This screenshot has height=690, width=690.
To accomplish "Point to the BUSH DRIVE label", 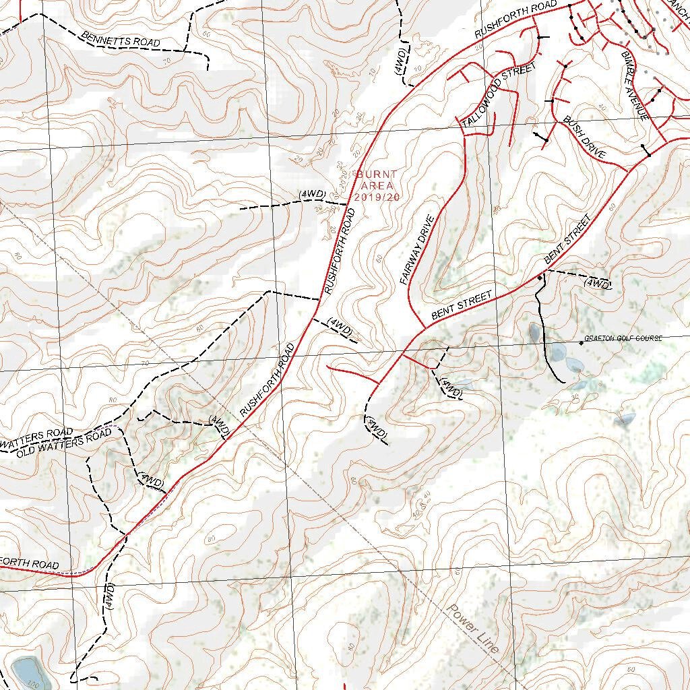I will coord(584,137).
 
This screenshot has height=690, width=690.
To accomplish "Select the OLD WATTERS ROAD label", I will coord(64,442).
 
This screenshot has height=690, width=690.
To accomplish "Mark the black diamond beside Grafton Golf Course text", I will coord(581,344).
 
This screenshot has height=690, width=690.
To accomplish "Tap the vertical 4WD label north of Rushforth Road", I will coord(400,61).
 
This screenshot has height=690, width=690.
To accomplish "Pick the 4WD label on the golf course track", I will coord(598,284).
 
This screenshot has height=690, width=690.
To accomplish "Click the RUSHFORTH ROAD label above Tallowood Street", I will coord(516,19).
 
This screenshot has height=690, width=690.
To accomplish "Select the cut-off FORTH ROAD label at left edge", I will coord(30,563).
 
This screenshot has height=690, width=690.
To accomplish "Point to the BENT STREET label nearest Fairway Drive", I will coord(462,305).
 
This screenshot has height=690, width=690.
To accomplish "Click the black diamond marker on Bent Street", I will coord(540,277).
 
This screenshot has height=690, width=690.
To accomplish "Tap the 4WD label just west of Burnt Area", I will coord(313,195).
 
